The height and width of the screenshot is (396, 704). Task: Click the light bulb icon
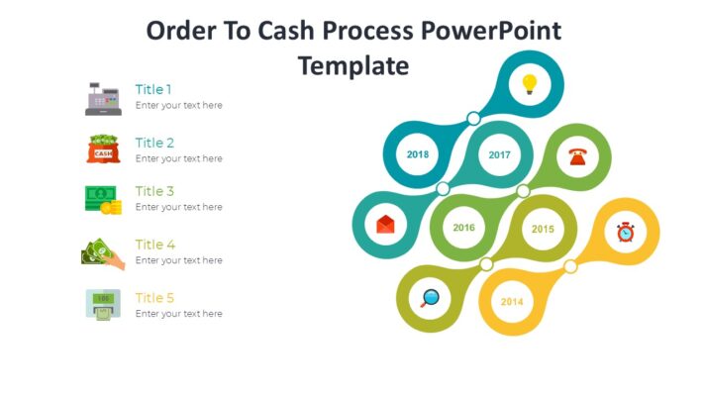(x=529, y=84)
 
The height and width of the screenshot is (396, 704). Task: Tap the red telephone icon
(x=578, y=156)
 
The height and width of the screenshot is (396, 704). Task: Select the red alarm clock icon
(x=625, y=232)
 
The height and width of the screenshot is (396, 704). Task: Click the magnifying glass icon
(x=430, y=298)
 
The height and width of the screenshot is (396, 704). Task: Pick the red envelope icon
(x=386, y=225)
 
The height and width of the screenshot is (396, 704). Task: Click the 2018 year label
(x=418, y=154)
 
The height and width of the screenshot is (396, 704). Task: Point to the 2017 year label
(x=499, y=154)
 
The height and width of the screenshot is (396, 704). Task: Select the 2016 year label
(x=463, y=228)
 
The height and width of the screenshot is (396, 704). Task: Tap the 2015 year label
(x=543, y=229)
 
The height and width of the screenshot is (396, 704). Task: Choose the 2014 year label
(x=511, y=301)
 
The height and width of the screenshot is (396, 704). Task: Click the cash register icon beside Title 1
(x=102, y=98)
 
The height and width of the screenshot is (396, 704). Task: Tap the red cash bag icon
(x=103, y=149)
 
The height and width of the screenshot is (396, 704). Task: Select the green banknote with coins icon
(x=103, y=200)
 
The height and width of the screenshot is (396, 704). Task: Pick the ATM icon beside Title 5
(x=103, y=304)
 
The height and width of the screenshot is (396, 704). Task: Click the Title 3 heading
(x=154, y=191)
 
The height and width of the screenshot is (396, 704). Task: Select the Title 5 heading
(x=154, y=298)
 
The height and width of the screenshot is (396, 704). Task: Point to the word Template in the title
(x=352, y=65)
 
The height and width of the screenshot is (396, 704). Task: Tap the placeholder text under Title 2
(x=178, y=158)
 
